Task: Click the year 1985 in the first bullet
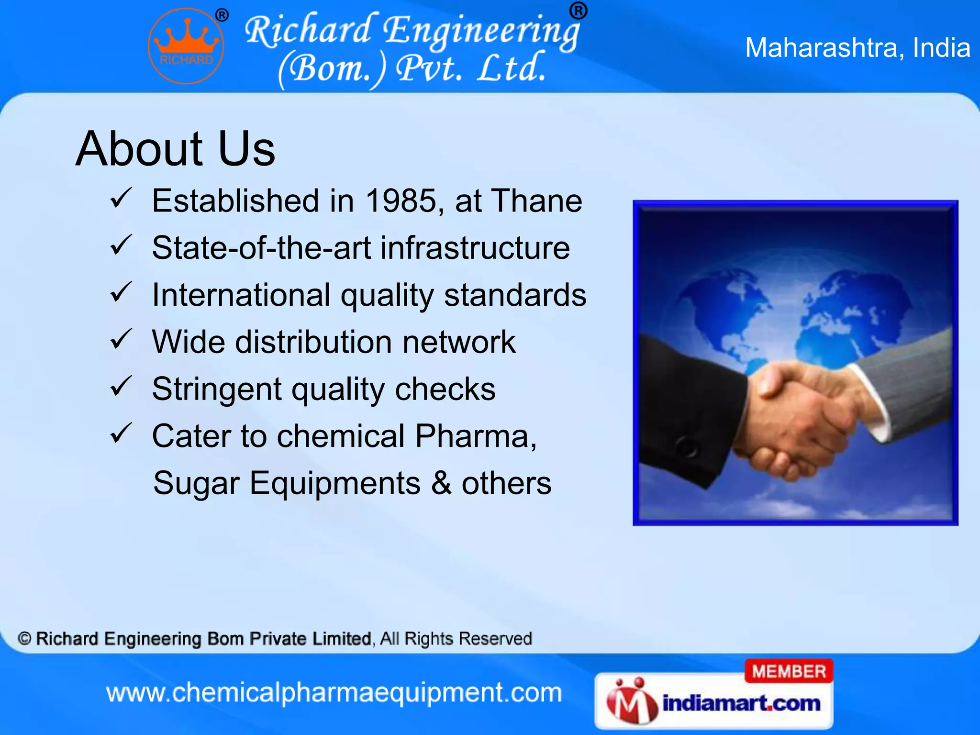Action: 401,200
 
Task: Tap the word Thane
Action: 537,200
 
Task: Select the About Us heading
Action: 175,149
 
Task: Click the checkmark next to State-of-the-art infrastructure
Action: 121,245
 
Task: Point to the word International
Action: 241,295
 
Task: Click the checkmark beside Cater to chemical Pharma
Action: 121,433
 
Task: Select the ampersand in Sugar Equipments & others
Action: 441,483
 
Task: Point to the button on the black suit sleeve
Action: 687,447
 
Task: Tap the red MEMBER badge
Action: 789,671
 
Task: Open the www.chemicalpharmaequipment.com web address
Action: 334,693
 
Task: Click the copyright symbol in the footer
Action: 24,639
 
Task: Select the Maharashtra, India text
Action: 857,48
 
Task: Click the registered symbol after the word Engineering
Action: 578,10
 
